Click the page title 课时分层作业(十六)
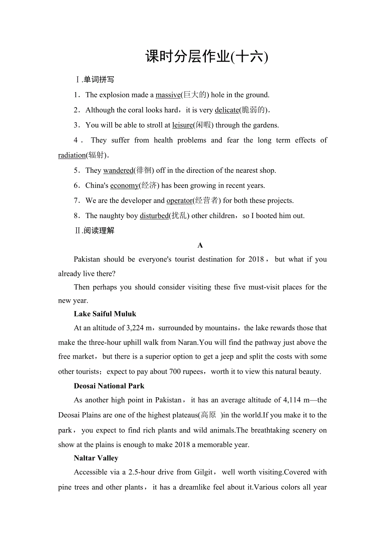206,57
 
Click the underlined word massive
168,95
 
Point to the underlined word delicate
226,110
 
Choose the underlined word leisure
182,125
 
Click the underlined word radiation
72,155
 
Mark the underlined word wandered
118,170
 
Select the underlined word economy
124,185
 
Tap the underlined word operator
179,201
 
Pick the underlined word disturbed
154,216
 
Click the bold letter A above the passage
200,245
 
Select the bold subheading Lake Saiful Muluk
105,314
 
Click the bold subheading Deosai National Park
109,386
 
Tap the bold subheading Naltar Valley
96,458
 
